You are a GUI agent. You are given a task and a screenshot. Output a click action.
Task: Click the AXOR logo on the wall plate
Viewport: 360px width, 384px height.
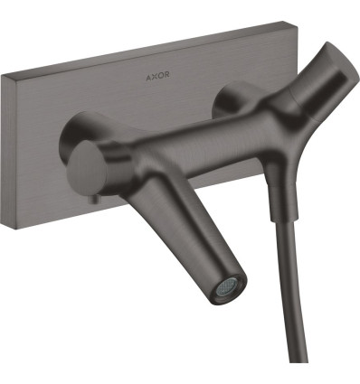tap(157, 76)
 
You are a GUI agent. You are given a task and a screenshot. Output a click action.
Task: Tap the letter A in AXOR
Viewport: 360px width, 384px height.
tap(148, 78)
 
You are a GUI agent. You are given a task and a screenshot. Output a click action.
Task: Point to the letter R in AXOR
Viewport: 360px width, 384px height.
tap(166, 74)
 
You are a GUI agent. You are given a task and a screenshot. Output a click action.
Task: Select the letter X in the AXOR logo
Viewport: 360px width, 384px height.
tap(155, 77)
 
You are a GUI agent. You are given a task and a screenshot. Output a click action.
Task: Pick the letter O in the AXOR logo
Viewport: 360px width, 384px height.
tap(160, 75)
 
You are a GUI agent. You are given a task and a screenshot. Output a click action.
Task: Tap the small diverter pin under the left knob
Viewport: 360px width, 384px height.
tap(96, 200)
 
